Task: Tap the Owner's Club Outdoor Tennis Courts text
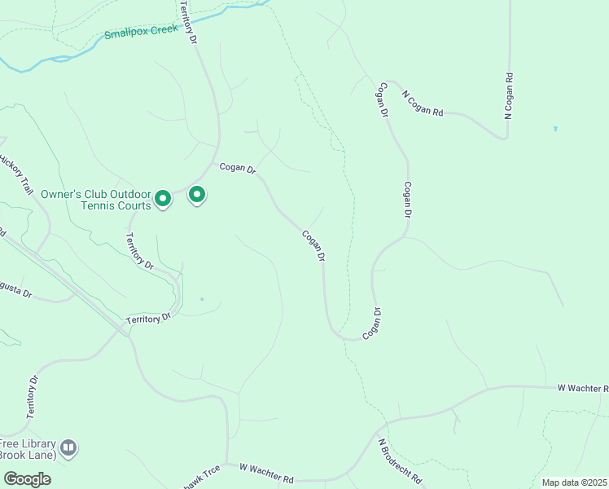tap(96, 200)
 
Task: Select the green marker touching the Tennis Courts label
tap(163, 198)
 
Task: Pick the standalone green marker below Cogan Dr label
tap(197, 195)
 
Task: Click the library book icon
tap(69, 447)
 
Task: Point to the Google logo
tap(27, 478)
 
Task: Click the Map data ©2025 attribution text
tap(574, 482)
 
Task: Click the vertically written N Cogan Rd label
tap(508, 97)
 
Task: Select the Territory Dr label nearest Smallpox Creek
tap(188, 22)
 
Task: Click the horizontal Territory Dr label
tap(148, 319)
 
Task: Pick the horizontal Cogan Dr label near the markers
tap(238, 169)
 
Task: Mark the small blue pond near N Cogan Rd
tap(555, 129)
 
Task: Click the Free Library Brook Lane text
tap(29, 447)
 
